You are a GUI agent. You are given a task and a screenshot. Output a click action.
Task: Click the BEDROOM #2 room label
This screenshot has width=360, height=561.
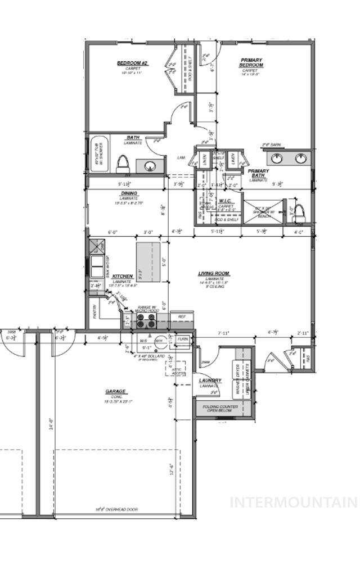(x=132, y=63)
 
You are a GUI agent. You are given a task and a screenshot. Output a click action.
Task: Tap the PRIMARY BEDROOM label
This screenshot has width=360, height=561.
(x=251, y=62)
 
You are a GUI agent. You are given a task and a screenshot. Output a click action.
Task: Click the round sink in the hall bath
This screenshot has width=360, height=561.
(x=150, y=166)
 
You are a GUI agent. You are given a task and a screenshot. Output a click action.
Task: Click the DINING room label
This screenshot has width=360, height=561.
(x=128, y=193)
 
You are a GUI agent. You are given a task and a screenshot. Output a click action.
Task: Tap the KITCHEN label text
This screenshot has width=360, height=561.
(x=123, y=276)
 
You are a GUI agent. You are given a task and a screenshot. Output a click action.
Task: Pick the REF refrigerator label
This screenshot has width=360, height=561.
(x=182, y=317)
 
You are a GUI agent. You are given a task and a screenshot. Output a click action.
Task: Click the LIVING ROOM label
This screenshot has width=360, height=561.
(x=214, y=274)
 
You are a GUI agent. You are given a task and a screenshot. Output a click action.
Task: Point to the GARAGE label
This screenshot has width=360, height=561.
(x=116, y=392)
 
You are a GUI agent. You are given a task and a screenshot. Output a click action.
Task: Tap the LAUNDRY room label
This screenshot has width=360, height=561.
(x=210, y=381)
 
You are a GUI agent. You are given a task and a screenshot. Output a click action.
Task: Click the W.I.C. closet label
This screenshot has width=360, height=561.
(x=226, y=201)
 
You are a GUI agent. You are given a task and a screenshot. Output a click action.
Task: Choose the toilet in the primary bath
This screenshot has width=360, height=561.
(x=299, y=212)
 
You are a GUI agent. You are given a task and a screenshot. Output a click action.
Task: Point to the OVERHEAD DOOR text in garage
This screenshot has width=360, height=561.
(x=116, y=509)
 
